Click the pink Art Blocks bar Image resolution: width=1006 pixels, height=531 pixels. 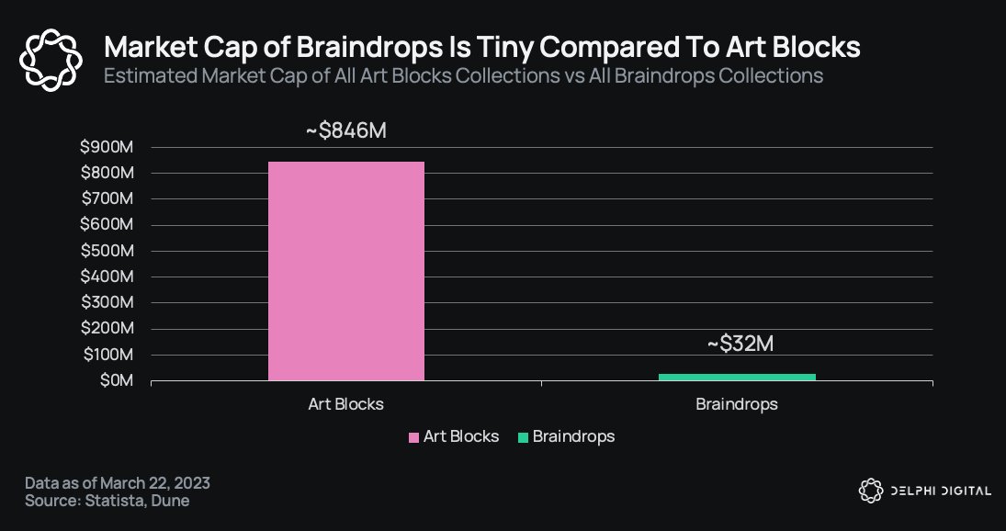[x=345, y=271]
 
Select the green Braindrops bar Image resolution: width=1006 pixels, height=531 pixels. [x=737, y=376]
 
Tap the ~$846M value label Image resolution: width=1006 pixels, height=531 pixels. [x=346, y=130]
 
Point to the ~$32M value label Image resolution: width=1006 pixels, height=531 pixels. [x=740, y=344]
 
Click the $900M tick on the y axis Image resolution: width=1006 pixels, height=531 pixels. [x=107, y=147]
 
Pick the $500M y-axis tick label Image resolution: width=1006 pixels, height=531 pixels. [x=107, y=251]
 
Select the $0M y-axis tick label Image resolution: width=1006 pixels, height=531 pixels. [x=114, y=380]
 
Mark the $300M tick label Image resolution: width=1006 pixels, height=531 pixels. [x=107, y=302]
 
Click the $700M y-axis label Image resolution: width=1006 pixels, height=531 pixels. [x=107, y=198]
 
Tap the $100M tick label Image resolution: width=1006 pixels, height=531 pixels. [x=107, y=355]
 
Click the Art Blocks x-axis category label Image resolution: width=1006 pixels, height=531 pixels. [x=345, y=404]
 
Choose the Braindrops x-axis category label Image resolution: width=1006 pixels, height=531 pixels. [x=737, y=404]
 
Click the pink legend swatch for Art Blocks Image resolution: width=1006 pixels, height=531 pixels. [x=413, y=437]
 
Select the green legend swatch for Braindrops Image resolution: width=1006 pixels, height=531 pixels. [x=523, y=437]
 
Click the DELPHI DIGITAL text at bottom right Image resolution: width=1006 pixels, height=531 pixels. [x=939, y=491]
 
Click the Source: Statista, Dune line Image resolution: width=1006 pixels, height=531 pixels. [x=107, y=501]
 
